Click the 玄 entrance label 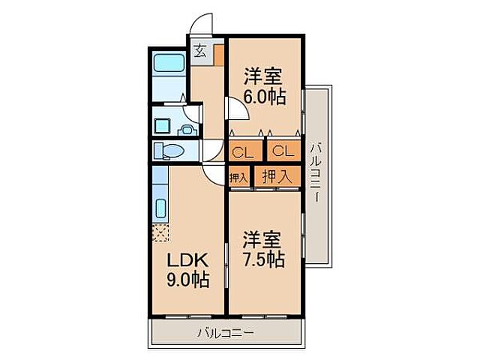point(200,51)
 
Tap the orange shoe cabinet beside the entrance point(218,55)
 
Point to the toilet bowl point(169,151)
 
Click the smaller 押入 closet point(238,178)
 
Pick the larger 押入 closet point(277,177)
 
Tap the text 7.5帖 point(262,259)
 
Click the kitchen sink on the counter point(160,208)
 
